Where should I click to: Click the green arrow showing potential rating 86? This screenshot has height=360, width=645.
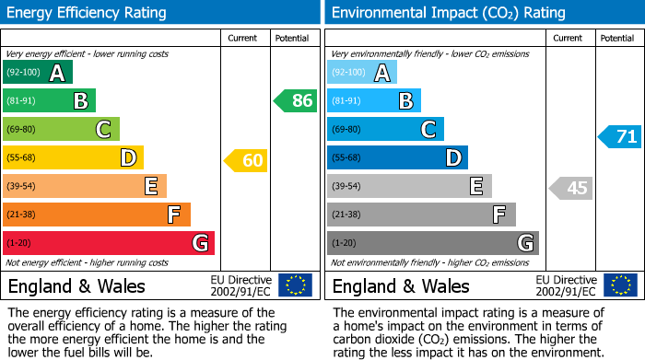296,101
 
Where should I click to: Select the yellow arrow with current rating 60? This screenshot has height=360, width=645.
246,161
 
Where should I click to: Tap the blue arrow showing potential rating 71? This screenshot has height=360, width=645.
620,137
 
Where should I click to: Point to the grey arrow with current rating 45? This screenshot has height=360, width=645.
570,188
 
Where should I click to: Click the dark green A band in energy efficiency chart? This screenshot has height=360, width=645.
38,73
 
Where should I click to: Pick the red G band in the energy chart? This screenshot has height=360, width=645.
109,243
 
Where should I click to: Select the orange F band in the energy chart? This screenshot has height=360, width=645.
97,215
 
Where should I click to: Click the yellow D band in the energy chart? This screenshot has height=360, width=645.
73,157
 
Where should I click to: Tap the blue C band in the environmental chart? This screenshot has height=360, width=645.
385,129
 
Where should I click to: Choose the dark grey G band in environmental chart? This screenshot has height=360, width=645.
433,243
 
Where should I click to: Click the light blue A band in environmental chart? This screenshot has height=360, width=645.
362,73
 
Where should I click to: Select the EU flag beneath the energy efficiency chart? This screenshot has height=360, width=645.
295,285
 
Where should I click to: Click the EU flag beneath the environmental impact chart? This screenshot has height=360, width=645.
620,285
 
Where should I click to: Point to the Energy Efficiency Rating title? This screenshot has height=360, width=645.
88,13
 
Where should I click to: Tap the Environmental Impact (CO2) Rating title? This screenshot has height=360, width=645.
448,13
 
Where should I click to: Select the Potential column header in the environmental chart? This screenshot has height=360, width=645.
617,38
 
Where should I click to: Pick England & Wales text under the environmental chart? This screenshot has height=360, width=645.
401,285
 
